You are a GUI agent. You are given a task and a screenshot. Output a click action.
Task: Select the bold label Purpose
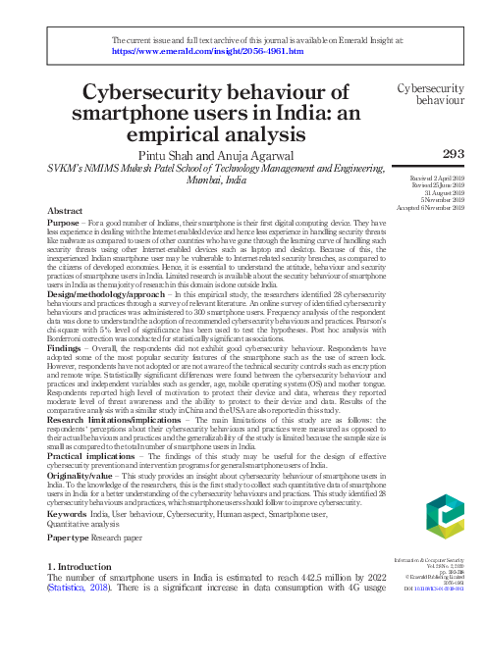click(65, 224)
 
